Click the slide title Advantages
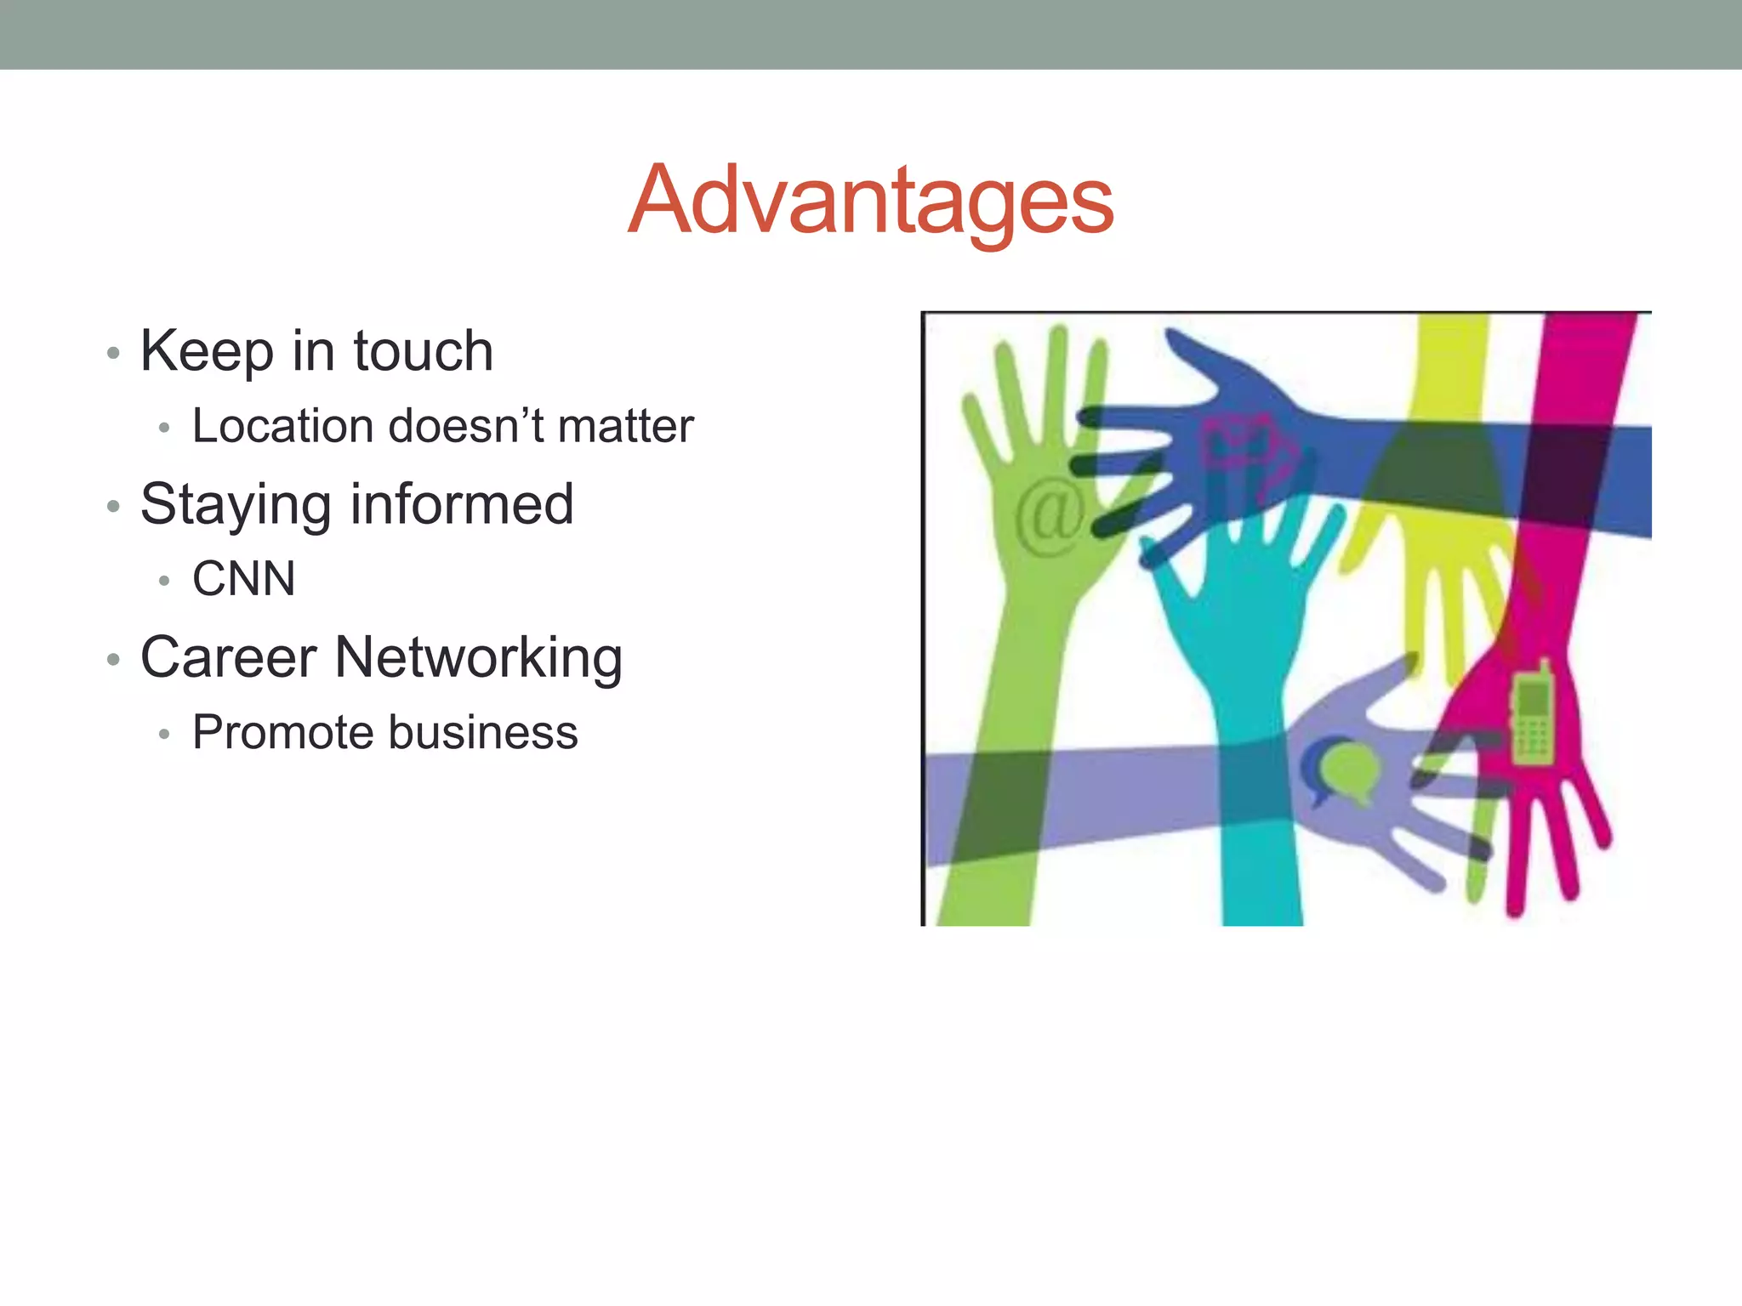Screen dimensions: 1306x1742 pos(870,200)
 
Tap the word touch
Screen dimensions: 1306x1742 pos(423,350)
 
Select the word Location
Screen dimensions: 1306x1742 pos(282,425)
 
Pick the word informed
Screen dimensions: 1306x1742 pos(462,503)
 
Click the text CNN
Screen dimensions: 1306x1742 pos(244,579)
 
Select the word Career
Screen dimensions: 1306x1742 pos(228,657)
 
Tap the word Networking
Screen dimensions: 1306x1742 pos(479,659)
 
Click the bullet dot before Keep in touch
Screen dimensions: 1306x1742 pos(113,353)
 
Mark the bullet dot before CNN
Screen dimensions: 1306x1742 pos(164,582)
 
